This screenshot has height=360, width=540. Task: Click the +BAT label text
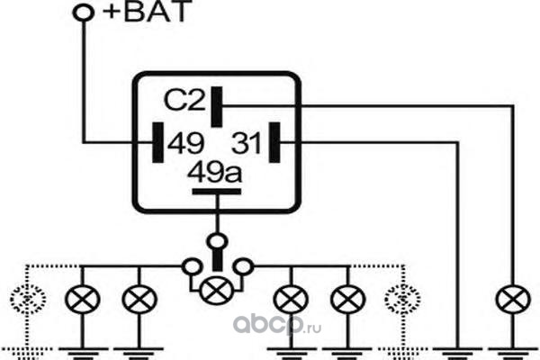147,11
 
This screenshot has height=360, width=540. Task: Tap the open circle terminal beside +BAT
84,13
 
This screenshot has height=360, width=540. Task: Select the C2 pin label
184,100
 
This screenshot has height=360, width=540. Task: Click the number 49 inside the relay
185,143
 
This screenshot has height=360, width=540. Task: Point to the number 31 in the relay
246,143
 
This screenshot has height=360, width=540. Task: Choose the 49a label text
214,172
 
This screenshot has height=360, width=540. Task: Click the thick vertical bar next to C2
217,107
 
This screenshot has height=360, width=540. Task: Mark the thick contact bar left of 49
157,142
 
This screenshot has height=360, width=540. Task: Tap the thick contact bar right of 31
274,142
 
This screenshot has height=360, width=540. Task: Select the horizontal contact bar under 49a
217,192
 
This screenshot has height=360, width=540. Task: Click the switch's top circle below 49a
217,241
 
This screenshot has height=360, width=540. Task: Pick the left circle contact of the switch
192,266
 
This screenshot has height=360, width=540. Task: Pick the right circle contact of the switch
243,266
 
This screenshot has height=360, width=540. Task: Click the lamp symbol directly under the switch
217,291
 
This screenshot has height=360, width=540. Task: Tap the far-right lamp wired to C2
513,300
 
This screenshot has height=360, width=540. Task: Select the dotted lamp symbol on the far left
28,300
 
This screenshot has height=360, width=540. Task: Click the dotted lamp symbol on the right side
402,300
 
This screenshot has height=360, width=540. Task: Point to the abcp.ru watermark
277,325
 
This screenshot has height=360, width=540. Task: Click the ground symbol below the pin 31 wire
458,354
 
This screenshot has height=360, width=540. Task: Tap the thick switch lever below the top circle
218,260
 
